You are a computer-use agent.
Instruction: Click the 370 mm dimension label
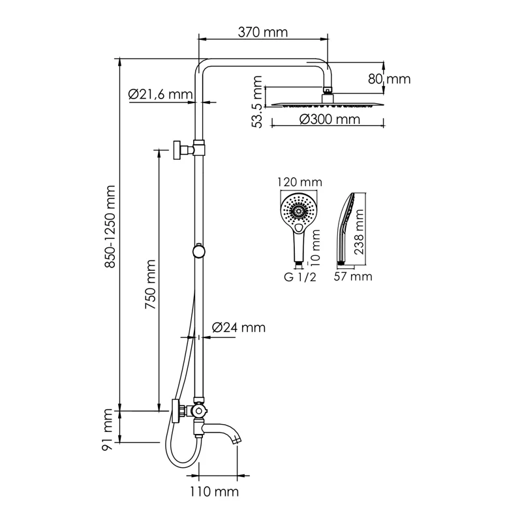coord(263,31)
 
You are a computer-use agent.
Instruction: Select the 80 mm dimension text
coord(390,80)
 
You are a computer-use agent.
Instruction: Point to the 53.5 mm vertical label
coord(258,102)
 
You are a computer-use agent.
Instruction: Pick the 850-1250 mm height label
coord(111,226)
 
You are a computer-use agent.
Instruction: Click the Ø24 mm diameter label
coord(239,328)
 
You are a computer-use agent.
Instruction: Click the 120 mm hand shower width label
coord(296,182)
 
